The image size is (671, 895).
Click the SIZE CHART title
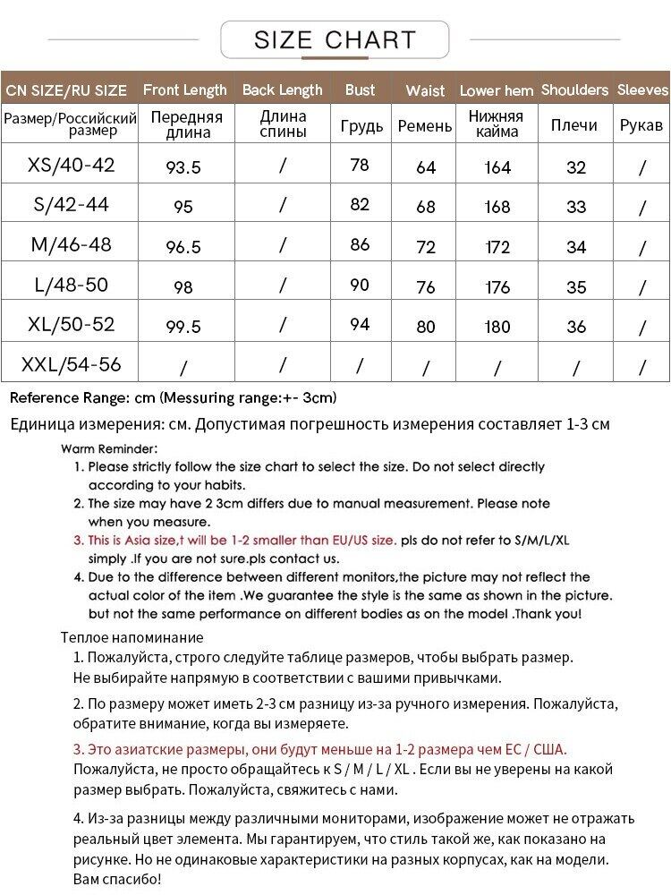pyautogui.click(x=335, y=40)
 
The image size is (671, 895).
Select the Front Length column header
pyautogui.click(x=184, y=89)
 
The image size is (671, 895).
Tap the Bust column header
pyautogui.click(x=360, y=89)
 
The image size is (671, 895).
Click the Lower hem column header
pyautogui.click(x=497, y=90)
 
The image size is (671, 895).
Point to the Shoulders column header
pyautogui.click(x=574, y=89)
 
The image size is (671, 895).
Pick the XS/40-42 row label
pyautogui.click(x=72, y=165)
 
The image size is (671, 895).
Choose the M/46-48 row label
pyautogui.click(x=71, y=244)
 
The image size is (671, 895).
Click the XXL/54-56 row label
pyautogui.click(x=71, y=364)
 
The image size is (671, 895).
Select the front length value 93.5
pyautogui.click(x=183, y=167)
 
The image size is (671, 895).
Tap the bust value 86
pyautogui.click(x=360, y=244)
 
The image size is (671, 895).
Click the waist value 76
pyautogui.click(x=426, y=287)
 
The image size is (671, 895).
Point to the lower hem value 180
pyautogui.click(x=497, y=327)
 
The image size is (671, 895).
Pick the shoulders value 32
pyautogui.click(x=576, y=167)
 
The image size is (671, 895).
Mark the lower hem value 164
pyautogui.click(x=497, y=167)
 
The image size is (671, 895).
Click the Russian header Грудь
pyautogui.click(x=361, y=125)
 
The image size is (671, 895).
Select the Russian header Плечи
pyautogui.click(x=573, y=125)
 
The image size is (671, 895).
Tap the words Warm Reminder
pyautogui.click(x=109, y=448)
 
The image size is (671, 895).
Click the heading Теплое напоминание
pyautogui.click(x=132, y=637)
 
